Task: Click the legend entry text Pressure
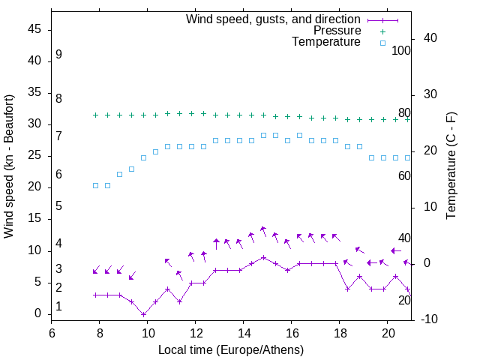click(337, 31)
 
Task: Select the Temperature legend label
click(326, 42)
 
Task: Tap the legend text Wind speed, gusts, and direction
click(273, 19)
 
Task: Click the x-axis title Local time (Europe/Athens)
click(231, 349)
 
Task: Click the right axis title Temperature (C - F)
click(451, 166)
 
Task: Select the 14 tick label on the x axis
click(243, 332)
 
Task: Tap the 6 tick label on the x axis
click(52, 332)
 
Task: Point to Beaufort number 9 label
click(58, 55)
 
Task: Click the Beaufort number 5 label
click(58, 205)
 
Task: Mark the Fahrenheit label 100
click(401, 50)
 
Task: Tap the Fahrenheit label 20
click(404, 300)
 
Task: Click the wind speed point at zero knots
click(143, 314)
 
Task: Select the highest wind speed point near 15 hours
click(263, 257)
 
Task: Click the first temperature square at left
click(95, 185)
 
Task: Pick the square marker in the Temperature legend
click(382, 43)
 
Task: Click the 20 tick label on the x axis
click(387, 332)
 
